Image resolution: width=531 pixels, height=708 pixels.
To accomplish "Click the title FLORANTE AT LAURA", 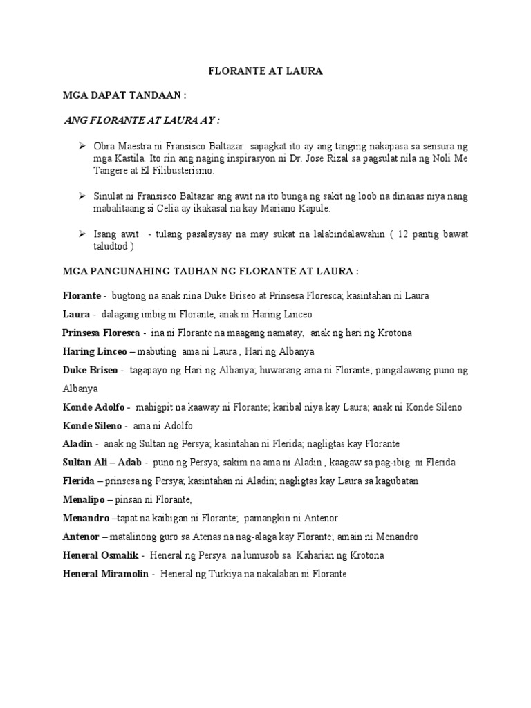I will (x=265, y=71).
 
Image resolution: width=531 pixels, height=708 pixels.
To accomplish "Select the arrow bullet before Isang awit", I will (x=82, y=234).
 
